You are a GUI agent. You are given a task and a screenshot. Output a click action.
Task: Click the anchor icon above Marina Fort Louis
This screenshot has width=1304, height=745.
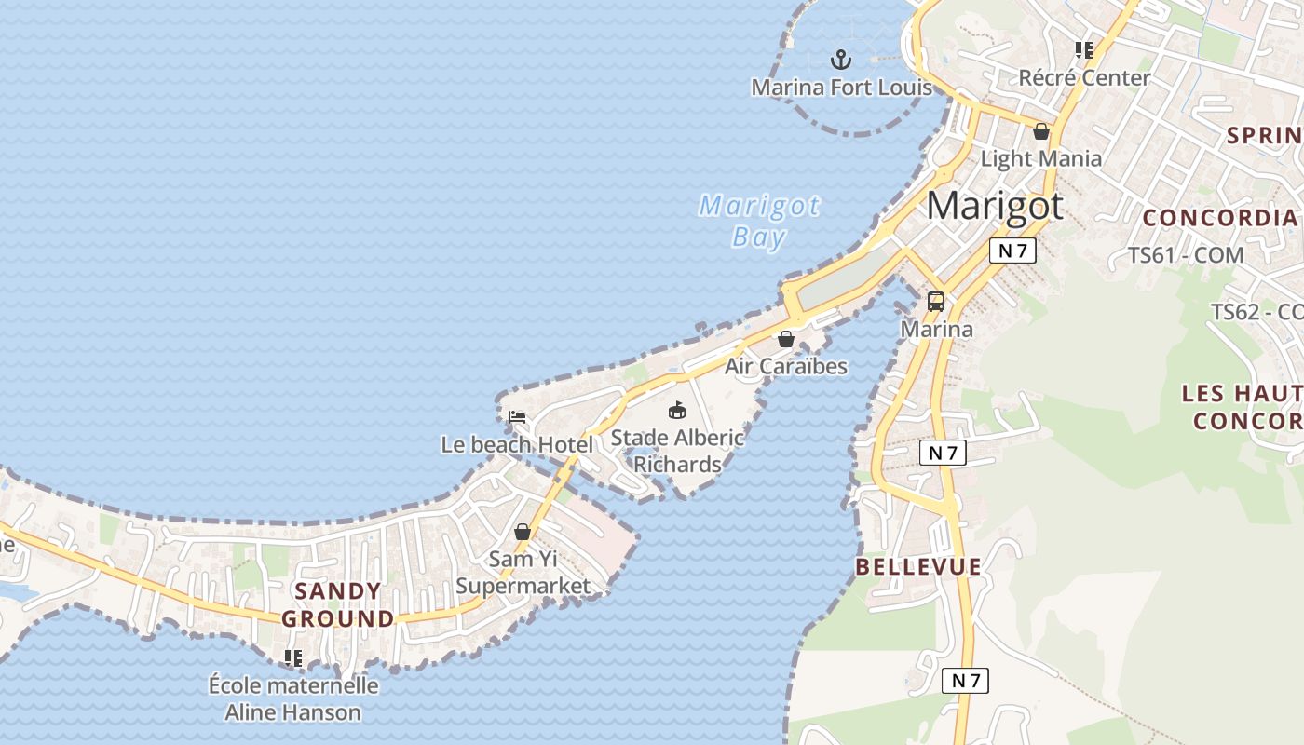pos(841,60)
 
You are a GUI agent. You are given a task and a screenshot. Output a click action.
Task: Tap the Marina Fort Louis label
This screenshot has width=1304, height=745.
pos(841,88)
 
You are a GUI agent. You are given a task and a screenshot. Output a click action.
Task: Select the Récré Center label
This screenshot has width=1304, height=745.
pos(1084,77)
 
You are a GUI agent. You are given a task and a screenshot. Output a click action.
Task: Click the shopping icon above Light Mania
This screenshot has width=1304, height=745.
pos(1041,131)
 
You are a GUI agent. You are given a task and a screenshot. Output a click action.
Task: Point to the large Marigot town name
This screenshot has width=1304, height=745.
pos(995,205)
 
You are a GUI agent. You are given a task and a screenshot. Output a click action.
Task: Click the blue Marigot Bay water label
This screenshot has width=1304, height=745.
pos(760,221)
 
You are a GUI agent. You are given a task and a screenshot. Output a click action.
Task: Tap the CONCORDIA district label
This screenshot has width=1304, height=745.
pos(1219,218)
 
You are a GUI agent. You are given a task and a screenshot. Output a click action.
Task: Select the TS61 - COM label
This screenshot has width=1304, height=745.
pos(1186,254)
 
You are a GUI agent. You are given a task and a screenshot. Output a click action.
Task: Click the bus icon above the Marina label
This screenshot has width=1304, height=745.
pos(936,302)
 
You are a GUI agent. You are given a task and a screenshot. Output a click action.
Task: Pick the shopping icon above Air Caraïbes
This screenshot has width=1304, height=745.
pos(786,339)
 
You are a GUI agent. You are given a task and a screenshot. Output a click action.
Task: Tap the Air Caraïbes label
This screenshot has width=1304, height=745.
pos(786,366)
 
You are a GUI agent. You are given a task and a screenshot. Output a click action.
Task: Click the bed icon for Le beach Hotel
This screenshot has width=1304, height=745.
pos(517,417)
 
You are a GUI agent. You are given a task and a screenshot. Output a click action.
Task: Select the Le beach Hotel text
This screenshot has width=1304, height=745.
pos(517,445)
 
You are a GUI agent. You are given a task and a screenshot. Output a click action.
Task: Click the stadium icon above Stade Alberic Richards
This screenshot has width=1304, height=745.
pos(677,410)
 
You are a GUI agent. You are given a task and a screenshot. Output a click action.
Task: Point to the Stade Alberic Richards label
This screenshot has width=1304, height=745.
pos(677,451)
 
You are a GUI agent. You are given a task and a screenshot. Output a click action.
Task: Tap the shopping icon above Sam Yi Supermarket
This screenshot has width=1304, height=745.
pos(523,532)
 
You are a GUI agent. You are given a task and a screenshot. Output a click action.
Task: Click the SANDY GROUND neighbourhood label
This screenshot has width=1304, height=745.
pos(338,604)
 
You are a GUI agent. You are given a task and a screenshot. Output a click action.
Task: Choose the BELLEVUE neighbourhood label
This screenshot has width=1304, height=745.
pos(918,566)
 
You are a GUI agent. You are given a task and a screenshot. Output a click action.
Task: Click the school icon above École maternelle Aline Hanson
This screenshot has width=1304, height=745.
pos(293,658)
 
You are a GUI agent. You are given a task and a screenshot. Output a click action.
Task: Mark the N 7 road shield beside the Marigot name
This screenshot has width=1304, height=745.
pos(1012,251)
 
